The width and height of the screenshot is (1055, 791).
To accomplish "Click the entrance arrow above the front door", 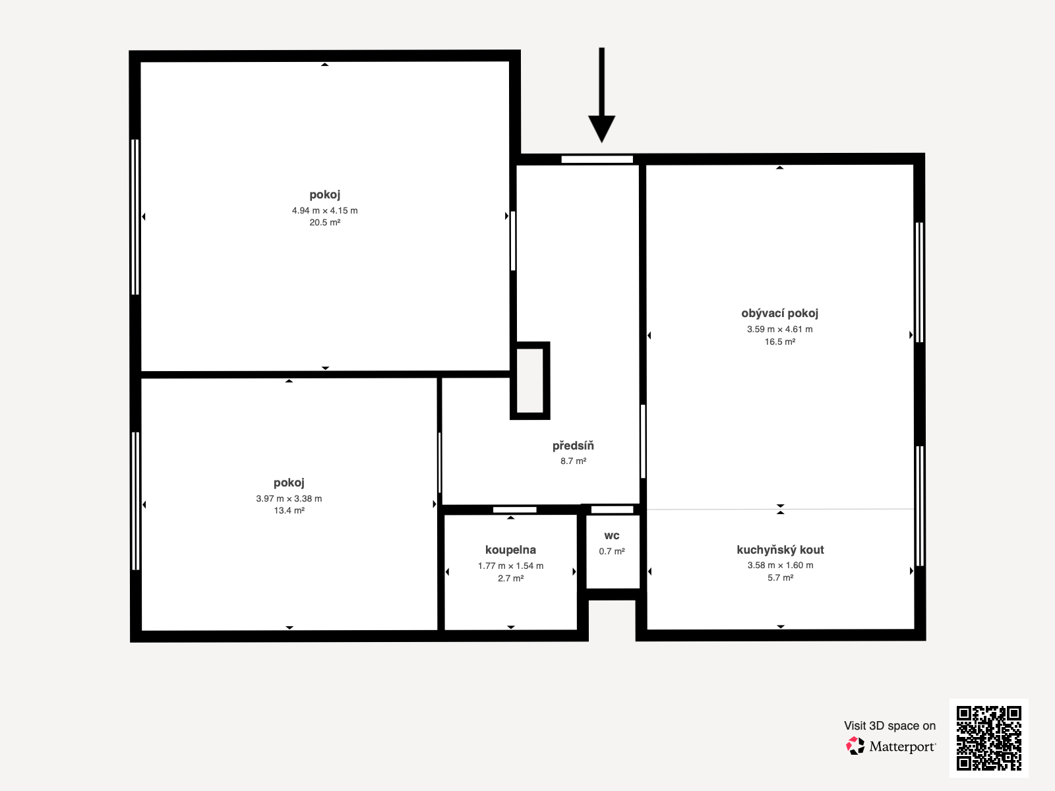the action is [601, 95].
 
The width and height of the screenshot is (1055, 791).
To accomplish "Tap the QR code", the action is [988, 738].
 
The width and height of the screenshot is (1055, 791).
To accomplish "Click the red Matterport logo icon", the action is [855, 746].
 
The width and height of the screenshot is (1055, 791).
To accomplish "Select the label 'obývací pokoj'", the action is [779, 314].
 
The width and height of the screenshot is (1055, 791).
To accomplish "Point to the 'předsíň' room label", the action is [573, 446].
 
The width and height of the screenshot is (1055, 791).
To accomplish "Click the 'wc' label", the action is [612, 535].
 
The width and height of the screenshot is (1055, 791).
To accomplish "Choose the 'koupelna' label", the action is [510, 550].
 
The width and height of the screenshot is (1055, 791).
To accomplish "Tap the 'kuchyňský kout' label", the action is [780, 550].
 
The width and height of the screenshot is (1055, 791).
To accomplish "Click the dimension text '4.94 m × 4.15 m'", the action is [325, 210].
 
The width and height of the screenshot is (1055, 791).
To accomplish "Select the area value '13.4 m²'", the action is [289, 510].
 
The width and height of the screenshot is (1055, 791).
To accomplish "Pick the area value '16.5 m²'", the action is [780, 341].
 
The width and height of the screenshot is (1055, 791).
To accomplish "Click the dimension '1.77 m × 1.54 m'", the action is [510, 566].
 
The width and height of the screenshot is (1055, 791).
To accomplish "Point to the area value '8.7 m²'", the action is [574, 461].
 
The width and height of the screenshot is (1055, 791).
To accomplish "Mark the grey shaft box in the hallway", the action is [529, 380].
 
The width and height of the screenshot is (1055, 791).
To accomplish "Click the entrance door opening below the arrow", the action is [597, 160].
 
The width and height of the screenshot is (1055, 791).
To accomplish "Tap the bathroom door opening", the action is [515, 510].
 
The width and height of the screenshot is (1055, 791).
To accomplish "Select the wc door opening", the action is [613, 510].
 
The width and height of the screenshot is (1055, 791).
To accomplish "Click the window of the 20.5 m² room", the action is [135, 217].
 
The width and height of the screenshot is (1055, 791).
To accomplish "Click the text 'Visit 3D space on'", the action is [889, 726].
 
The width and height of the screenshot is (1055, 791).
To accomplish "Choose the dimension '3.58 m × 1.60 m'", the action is [780, 566].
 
